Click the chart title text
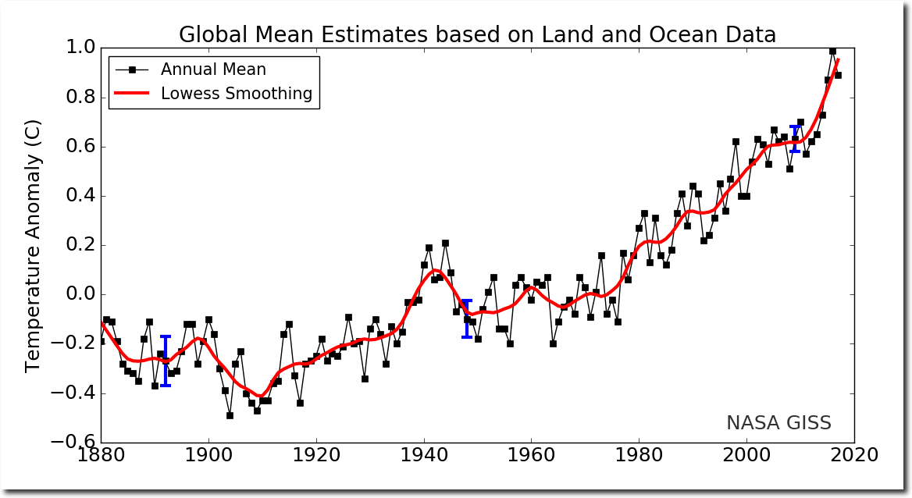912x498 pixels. pos(477,35)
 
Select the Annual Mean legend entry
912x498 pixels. pos(212,69)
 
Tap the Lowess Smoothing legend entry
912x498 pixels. pos(236,94)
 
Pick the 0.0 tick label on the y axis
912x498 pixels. pos(77,294)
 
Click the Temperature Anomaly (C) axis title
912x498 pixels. pos(33,245)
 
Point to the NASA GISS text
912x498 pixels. pos(778,423)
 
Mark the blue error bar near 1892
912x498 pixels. pos(166,361)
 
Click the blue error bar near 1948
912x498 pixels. pos(467,318)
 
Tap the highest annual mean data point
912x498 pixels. pos(832,51)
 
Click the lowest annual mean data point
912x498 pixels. pos(230,415)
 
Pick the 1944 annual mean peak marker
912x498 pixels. pos(445,243)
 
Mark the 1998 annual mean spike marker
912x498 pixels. pos(736,142)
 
